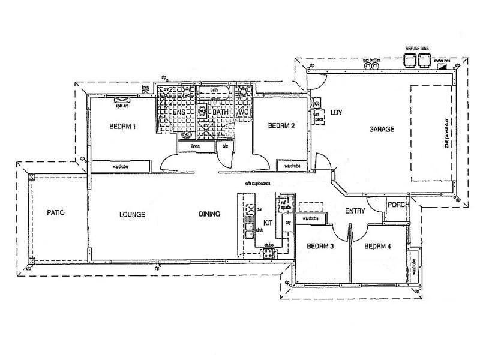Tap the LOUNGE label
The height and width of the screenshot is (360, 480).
[x=132, y=214]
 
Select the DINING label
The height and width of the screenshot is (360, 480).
[x=210, y=214]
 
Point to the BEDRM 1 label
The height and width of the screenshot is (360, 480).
[x=123, y=127]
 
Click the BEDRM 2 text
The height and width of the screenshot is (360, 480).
[x=281, y=126]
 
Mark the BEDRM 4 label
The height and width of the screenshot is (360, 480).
[x=377, y=247]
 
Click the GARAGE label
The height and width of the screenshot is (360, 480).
[x=382, y=129]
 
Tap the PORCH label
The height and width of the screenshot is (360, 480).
[x=398, y=205]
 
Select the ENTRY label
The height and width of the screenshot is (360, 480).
[x=355, y=211]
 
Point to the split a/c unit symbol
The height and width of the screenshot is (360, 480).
[x=125, y=100]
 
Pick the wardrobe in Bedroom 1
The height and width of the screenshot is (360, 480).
[x=120, y=166]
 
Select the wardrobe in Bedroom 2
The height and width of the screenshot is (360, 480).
[x=292, y=166]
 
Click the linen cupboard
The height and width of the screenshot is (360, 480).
[x=196, y=146]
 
